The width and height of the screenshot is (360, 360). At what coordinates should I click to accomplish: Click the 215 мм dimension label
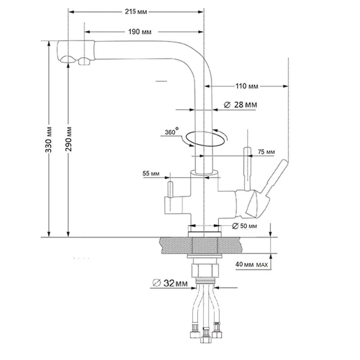136,12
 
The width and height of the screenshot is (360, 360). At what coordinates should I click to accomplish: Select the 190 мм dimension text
140,32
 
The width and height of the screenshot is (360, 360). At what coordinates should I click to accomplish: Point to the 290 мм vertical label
69,139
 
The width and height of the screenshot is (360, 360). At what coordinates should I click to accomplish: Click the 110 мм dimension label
247,86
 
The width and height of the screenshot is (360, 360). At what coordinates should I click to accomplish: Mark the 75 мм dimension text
266,152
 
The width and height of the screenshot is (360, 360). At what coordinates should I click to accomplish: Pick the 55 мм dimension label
151,173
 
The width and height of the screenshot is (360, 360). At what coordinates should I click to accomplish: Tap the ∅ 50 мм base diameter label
245,226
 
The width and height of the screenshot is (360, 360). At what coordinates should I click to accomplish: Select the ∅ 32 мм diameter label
170,283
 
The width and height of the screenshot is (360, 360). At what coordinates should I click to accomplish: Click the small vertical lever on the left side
170,189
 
